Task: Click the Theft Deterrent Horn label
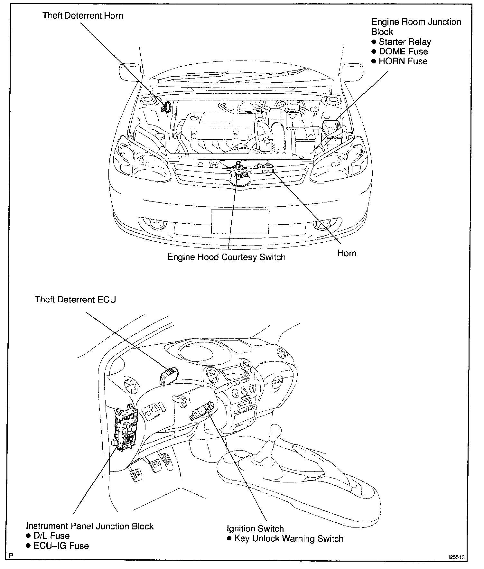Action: pos(83,16)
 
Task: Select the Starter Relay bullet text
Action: pos(405,42)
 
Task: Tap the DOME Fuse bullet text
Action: pos(403,51)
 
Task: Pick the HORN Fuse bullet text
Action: pos(403,61)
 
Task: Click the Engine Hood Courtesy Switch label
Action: pos(226,257)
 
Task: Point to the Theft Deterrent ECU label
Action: pos(75,299)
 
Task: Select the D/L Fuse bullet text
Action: pos(51,536)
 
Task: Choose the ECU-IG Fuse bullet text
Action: pos(61,546)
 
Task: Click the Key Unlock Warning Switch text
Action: pos(289,538)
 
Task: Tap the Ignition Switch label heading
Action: pos(255,529)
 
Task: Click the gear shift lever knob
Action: pos(276,430)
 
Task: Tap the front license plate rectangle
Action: pos(240,221)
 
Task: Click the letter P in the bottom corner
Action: pos(11,556)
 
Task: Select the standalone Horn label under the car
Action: pos(347,253)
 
